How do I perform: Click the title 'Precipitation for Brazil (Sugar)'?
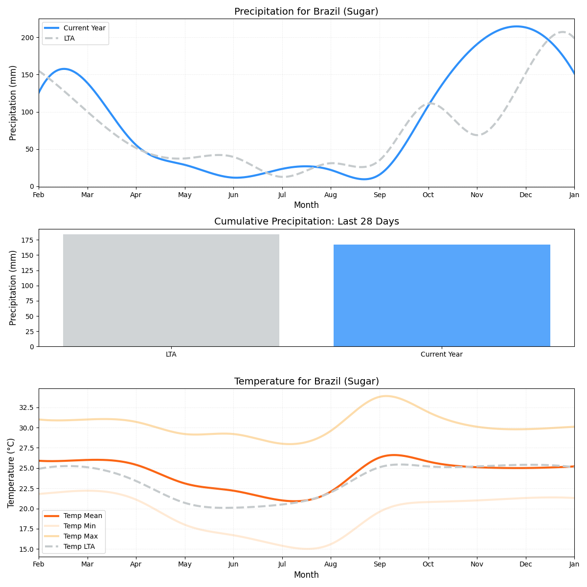tap(306, 11)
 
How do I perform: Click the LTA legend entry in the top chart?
tap(69, 38)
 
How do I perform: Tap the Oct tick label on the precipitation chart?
tap(428, 195)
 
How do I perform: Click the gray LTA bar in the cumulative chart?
tap(171, 290)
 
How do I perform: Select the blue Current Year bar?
tap(442, 295)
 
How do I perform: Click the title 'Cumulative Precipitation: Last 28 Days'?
tap(306, 222)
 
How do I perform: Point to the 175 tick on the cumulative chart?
tap(27, 240)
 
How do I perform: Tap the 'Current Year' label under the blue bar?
tap(442, 355)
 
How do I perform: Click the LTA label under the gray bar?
tap(171, 355)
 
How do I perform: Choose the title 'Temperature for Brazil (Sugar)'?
tap(306, 381)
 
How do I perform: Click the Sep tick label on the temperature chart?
tap(379, 564)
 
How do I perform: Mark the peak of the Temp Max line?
tap(386, 396)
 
